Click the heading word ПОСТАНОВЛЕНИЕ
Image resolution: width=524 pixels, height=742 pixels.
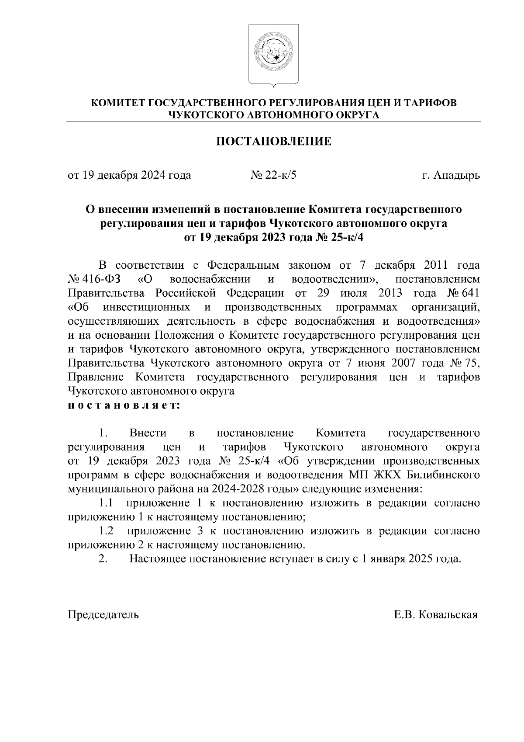pyautogui.click(x=274, y=141)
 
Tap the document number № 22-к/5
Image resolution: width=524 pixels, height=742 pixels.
pyautogui.click(x=274, y=176)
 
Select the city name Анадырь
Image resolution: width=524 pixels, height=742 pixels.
pyautogui.click(x=456, y=176)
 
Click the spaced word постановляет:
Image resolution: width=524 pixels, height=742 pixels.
pyautogui.click(x=123, y=406)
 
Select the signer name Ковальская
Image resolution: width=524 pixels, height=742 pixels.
pyautogui.click(x=447, y=615)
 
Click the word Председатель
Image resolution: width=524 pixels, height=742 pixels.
pyautogui.click(x=103, y=615)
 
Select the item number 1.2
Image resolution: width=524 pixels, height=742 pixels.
pyautogui.click(x=106, y=531)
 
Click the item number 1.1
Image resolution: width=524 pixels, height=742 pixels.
pyautogui.click(x=106, y=503)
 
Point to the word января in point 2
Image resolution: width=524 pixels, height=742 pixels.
pyautogui.click(x=387, y=559)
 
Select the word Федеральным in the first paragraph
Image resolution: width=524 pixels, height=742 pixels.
pyautogui.click(x=242, y=266)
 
